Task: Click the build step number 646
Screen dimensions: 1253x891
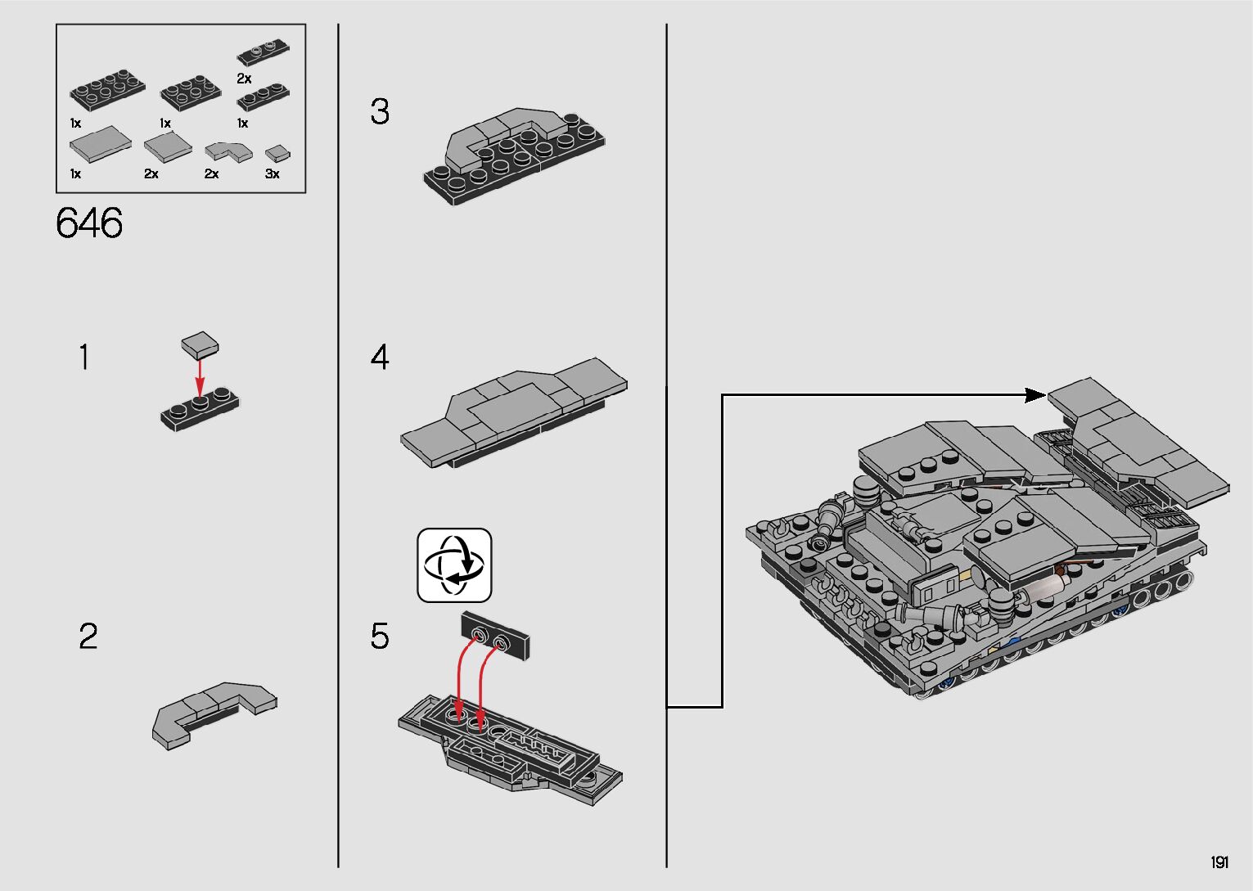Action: coord(89,223)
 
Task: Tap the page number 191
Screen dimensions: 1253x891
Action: coord(1219,862)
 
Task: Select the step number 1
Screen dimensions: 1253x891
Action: coord(84,357)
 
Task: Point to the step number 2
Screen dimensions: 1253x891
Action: coord(88,636)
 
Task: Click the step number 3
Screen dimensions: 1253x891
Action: coord(380,111)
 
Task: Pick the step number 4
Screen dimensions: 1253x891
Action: coord(380,357)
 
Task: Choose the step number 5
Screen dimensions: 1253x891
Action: coord(380,636)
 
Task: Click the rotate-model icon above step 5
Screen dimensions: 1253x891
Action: coord(454,565)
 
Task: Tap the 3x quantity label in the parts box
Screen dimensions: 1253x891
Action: coord(272,174)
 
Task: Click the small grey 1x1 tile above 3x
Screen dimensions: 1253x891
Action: coord(277,153)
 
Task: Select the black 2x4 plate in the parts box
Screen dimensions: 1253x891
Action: coord(107,90)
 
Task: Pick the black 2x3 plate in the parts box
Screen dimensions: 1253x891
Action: coord(190,92)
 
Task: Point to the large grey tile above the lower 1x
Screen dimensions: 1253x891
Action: coord(100,144)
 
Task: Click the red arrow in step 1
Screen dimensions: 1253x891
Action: coord(200,378)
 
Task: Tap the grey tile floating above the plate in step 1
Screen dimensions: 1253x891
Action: coord(200,344)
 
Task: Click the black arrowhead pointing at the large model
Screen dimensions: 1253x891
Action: coord(1034,395)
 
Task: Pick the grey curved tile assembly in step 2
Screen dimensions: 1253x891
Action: coord(214,715)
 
